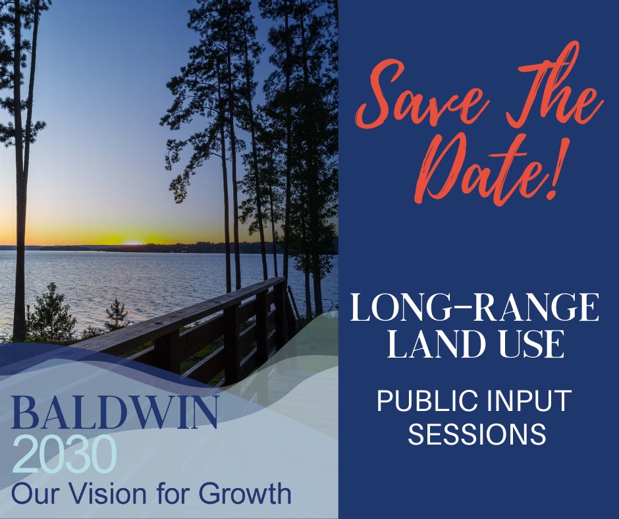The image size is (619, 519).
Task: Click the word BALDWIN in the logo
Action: pos(115,414)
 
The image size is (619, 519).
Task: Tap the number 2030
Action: pos(65,454)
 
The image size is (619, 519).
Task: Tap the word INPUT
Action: pos(529,401)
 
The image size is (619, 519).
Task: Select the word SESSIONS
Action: pos(477,434)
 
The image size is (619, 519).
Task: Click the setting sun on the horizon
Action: pos(133,242)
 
